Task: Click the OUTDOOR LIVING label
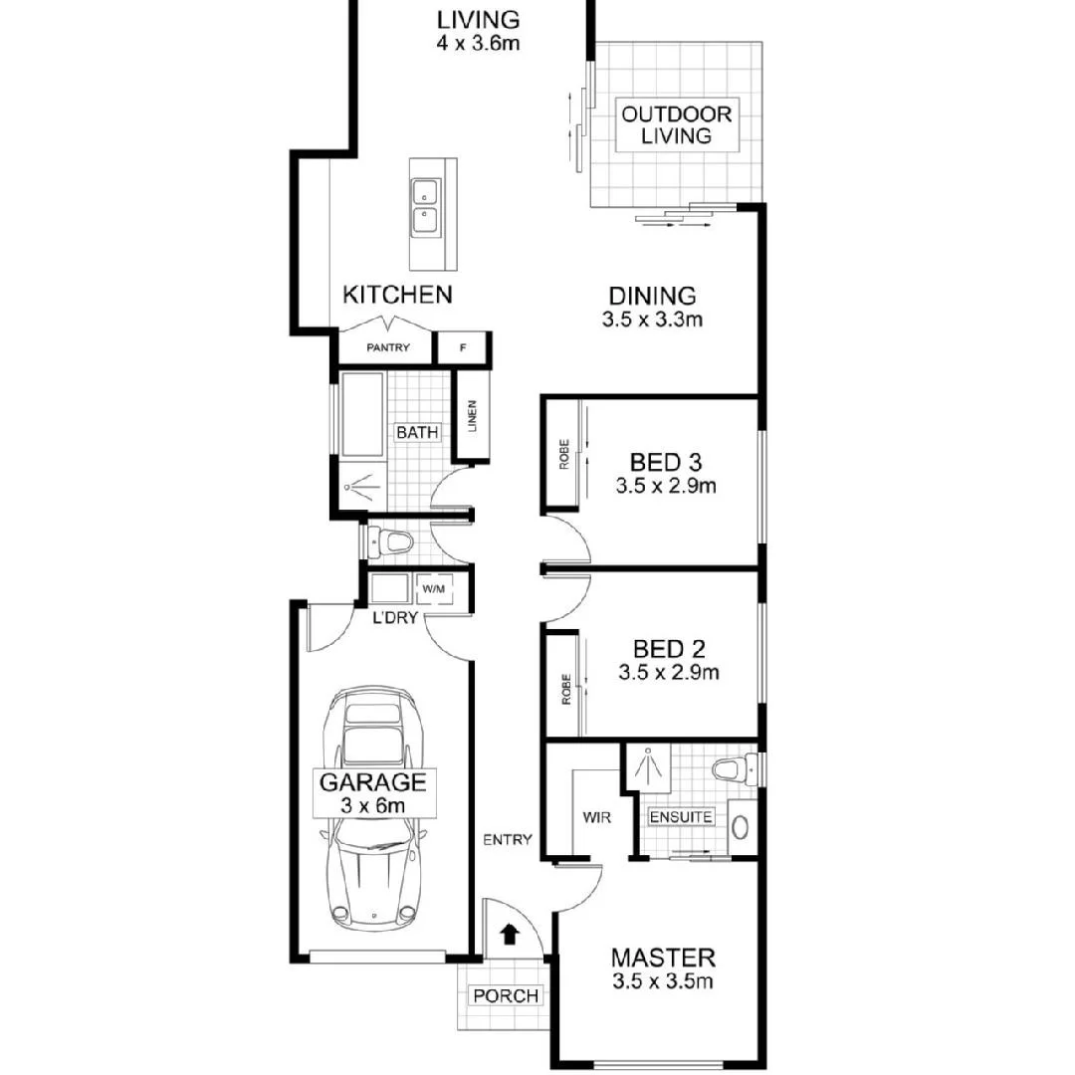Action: [677, 124]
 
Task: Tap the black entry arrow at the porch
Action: [509, 934]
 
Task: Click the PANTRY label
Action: [388, 348]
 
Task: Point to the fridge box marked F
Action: [462, 348]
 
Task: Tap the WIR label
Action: [595, 817]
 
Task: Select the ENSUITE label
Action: [681, 817]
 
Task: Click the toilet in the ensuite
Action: [733, 768]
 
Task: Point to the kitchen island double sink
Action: [425, 205]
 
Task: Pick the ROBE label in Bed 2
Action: [564, 690]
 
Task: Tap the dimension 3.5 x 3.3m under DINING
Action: [652, 321]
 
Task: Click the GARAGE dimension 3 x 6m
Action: [372, 806]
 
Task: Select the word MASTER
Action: [662, 958]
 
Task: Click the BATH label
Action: [415, 433]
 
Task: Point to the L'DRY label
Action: [392, 618]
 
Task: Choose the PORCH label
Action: [506, 995]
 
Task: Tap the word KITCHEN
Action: [397, 295]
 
